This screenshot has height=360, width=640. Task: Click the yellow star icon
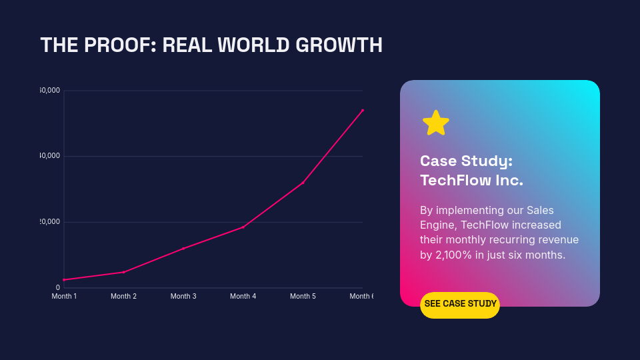[x=436, y=123]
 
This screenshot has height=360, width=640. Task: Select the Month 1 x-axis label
[x=64, y=296]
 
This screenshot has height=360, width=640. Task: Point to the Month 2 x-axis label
[x=123, y=296]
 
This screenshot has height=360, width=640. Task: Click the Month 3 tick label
[x=183, y=296]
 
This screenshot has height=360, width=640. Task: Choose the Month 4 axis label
[x=243, y=296]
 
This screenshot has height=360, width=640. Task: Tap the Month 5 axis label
[x=303, y=296]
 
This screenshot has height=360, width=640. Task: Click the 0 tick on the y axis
[x=58, y=288]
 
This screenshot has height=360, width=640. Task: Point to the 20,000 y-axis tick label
[x=50, y=222]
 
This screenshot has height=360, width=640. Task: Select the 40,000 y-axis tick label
[x=50, y=156]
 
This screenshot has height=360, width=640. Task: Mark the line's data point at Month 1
[x=64, y=280]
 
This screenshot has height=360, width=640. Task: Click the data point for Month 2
[x=124, y=272]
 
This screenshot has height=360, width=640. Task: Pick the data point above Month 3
[x=183, y=249]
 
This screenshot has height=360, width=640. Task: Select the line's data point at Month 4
[x=243, y=227]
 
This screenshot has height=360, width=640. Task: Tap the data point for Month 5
[x=303, y=183]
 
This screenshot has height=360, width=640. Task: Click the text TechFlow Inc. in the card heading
[x=471, y=181]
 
